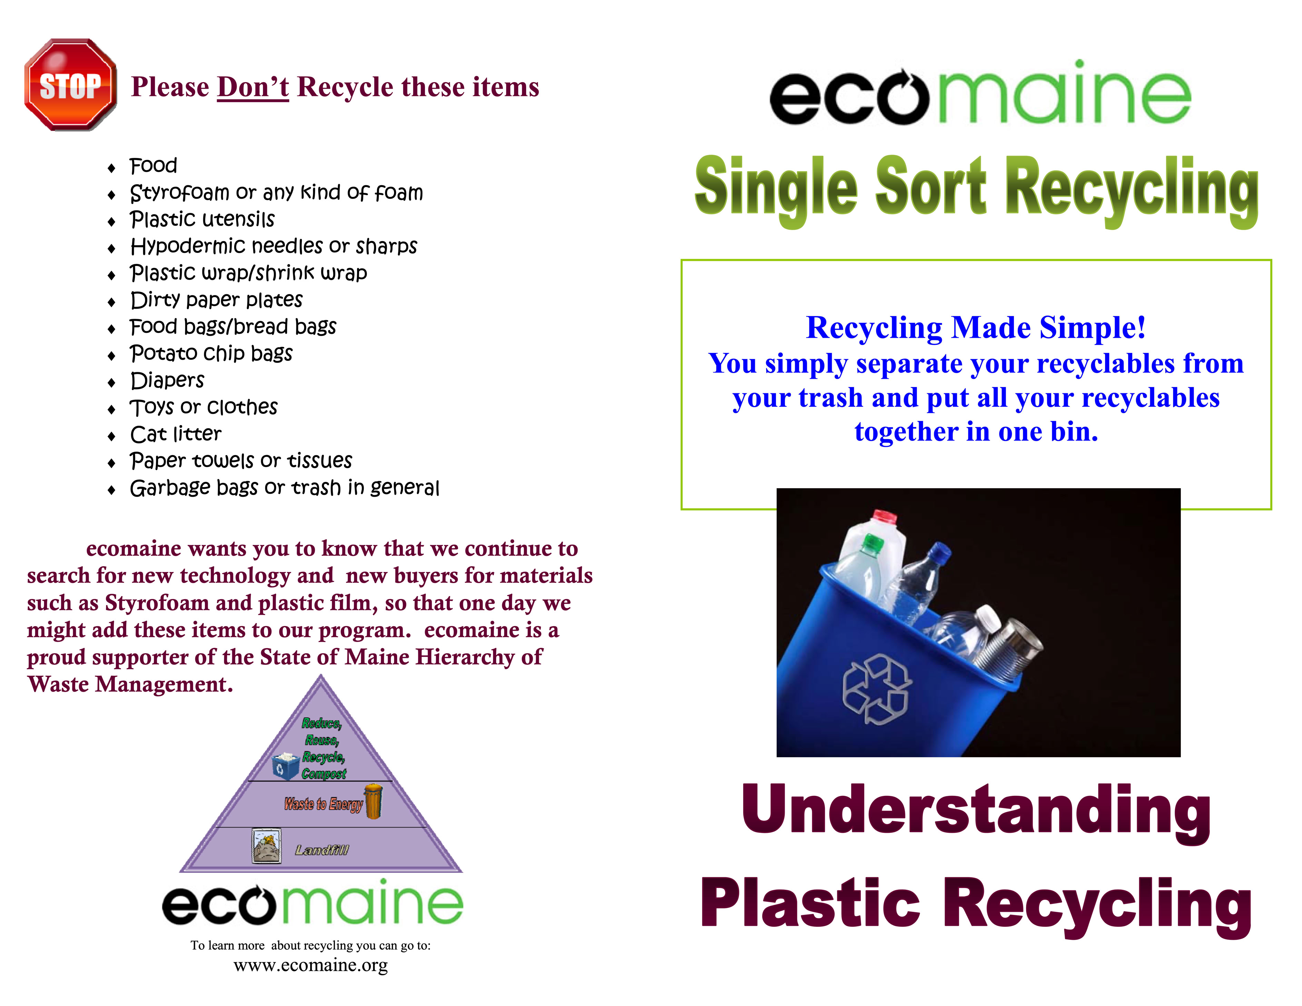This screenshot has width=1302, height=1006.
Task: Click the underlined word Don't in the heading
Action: [x=253, y=87]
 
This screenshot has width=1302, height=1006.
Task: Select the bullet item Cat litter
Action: [x=176, y=434]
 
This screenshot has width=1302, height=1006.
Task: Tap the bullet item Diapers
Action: [x=168, y=381]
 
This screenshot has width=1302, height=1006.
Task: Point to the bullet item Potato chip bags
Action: [x=211, y=354]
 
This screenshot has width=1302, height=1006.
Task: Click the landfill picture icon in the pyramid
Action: [x=266, y=846]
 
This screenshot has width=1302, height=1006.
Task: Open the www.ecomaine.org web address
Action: [x=310, y=965]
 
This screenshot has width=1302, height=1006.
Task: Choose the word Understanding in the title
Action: [x=976, y=811]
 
